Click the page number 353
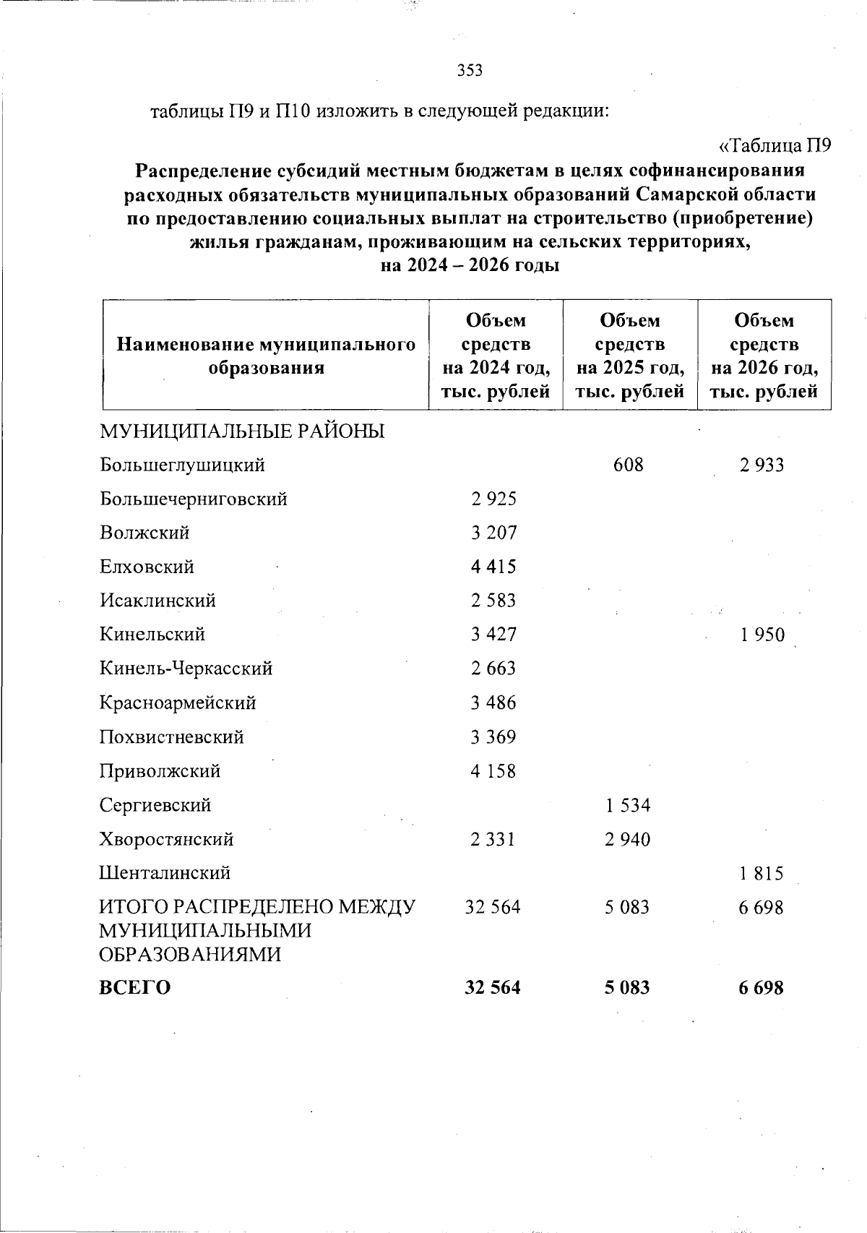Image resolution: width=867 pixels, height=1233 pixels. point(470,70)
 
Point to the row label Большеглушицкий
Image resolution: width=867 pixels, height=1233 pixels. point(182,465)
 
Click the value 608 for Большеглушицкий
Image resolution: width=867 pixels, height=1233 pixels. point(628,465)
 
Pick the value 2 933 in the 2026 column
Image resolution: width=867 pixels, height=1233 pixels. point(762,465)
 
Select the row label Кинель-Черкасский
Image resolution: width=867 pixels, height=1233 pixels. point(186,669)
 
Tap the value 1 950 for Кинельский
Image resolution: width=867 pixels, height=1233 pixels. point(762,635)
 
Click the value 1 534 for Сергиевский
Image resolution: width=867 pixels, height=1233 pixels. point(628,805)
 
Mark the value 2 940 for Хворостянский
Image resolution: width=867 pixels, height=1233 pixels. point(628,840)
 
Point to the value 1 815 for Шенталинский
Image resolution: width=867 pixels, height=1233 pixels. point(762,874)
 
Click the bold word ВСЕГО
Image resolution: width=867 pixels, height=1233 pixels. point(135,987)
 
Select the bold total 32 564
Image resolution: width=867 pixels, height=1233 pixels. point(493,987)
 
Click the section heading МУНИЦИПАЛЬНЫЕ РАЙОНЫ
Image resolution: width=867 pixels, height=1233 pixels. point(242,431)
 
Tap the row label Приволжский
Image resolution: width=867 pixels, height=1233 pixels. point(160,771)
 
